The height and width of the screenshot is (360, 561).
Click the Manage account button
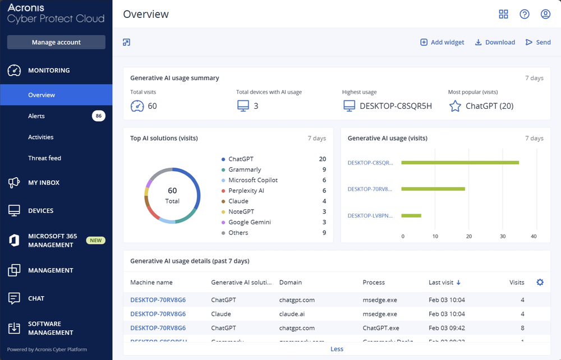tap(56, 42)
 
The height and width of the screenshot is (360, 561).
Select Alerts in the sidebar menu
tap(36, 116)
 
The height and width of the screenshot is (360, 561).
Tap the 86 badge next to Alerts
tap(99, 116)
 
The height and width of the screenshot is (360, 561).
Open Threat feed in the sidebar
tap(44, 158)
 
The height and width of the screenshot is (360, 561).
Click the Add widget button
tap(442, 42)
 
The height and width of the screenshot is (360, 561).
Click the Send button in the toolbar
tap(538, 42)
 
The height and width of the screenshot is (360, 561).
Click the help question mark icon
tap(525, 14)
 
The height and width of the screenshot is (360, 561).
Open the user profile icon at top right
tap(545, 14)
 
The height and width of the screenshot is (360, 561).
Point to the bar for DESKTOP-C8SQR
tap(460, 163)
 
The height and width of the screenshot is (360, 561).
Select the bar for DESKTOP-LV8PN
tap(411, 215)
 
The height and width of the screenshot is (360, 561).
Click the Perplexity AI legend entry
tap(246, 191)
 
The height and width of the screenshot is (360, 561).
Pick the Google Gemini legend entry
tap(249, 222)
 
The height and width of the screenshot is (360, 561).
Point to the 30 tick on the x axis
tap(503, 236)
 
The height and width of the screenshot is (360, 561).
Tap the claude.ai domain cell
tap(292, 314)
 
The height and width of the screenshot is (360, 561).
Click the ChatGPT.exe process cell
tap(381, 328)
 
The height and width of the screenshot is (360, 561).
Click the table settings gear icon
tap(540, 282)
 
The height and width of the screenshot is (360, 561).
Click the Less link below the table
tap(337, 349)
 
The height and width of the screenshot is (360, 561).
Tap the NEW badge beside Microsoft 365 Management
tap(95, 241)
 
